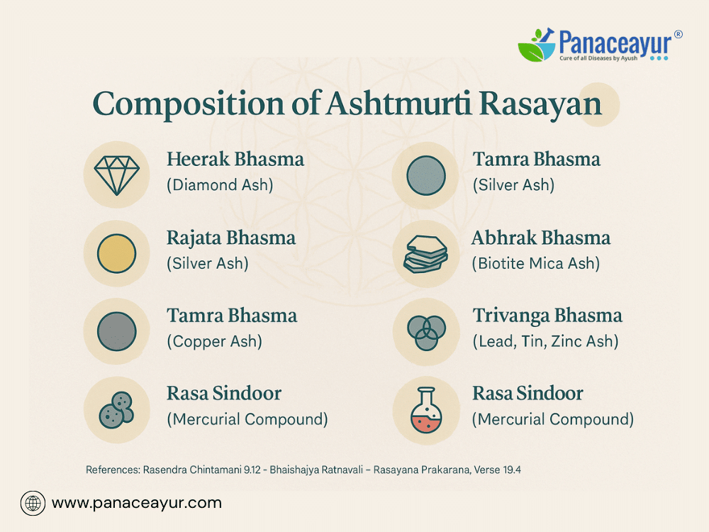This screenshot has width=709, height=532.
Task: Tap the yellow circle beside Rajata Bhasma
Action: point(117,253)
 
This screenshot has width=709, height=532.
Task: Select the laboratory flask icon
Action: point(426,410)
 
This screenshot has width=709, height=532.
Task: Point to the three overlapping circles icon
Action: point(426,333)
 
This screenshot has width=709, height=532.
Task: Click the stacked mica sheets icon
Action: point(426,254)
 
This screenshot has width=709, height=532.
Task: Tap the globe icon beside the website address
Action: point(33,503)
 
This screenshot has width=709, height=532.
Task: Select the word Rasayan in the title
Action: point(540,104)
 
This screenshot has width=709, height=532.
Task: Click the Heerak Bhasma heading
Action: point(235,159)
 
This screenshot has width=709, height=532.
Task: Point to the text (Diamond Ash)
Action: point(220,185)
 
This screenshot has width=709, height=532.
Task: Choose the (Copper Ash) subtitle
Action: point(214,342)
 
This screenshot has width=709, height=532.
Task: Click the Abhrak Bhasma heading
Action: point(541,238)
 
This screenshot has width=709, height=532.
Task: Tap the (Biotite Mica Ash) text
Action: point(536,264)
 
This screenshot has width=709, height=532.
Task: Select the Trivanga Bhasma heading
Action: point(547,316)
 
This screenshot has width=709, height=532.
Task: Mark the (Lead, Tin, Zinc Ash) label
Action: point(545,342)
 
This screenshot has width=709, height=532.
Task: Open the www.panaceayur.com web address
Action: point(137,503)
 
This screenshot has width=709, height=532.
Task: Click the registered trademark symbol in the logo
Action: point(679,34)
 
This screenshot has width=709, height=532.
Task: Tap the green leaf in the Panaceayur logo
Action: point(531,51)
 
